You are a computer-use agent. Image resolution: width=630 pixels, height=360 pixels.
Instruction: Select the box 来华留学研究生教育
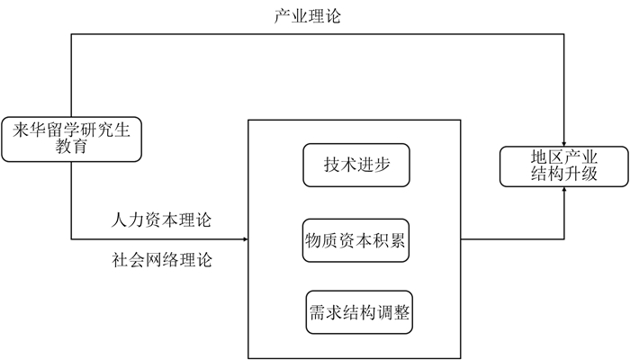click(71, 139)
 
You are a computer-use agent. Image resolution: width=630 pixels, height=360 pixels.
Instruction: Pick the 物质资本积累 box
click(355, 240)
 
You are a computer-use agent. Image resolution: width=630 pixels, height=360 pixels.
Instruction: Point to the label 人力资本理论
click(164, 220)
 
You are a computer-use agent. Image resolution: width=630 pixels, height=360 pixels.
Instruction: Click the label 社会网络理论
click(163, 262)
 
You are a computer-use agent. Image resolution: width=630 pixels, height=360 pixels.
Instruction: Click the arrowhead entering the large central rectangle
click(243, 240)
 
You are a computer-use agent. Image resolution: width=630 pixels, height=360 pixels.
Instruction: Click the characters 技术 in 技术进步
click(337, 165)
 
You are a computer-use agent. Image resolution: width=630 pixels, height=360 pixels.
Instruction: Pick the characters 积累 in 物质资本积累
click(387, 240)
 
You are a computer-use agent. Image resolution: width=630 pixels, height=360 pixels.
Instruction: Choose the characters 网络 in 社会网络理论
click(163, 262)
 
